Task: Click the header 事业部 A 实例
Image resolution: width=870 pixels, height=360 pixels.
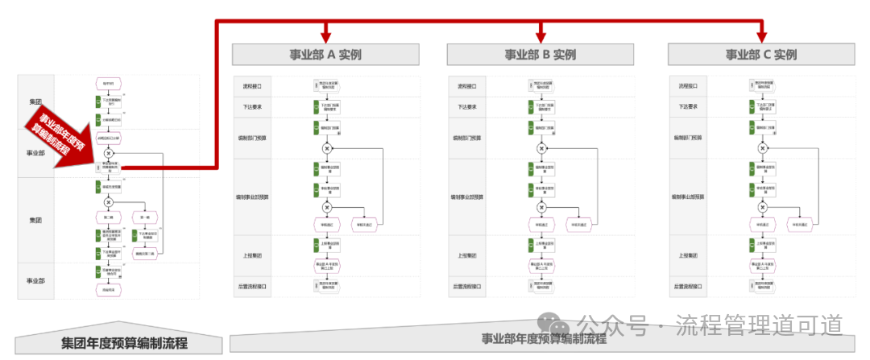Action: click(325, 55)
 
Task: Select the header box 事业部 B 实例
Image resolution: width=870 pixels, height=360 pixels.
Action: click(540, 55)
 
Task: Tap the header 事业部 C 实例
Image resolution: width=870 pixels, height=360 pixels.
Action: click(760, 55)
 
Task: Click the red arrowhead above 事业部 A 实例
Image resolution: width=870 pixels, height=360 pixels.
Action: click(325, 35)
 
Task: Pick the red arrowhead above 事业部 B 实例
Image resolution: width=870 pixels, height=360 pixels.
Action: click(540, 35)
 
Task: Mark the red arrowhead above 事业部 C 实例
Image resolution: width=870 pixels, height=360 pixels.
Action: click(760, 35)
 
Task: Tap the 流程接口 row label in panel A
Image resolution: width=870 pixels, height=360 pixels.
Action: click(252, 86)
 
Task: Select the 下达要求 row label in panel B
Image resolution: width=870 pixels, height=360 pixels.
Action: click(467, 106)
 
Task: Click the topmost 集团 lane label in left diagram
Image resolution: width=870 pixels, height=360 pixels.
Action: click(35, 102)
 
